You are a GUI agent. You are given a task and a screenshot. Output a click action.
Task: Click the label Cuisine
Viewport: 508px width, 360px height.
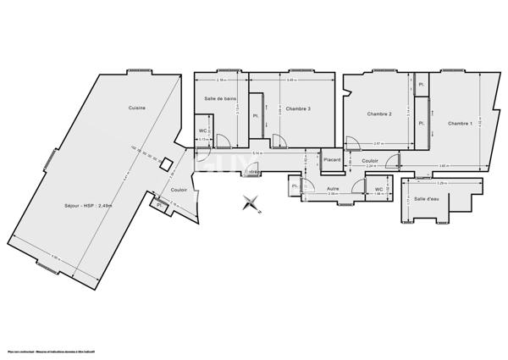click(136, 108)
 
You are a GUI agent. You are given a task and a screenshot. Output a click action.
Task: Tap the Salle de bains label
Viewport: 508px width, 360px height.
click(218, 99)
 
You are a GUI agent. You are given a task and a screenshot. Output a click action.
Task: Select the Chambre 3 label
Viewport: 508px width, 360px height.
click(297, 108)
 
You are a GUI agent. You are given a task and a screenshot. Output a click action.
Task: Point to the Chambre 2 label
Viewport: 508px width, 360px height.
click(378, 114)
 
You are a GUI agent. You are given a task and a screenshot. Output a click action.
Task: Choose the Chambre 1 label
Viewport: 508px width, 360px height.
click(460, 125)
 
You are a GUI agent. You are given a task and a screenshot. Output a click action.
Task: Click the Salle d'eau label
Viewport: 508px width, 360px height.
click(428, 199)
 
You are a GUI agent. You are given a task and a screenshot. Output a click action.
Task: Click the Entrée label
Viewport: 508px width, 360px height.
click(251, 172)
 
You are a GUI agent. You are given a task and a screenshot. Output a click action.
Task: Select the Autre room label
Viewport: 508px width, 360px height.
click(333, 188)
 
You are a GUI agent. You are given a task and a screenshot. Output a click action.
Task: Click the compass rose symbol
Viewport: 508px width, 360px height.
click(251, 202)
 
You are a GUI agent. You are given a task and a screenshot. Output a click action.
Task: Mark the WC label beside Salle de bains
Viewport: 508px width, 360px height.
click(203, 130)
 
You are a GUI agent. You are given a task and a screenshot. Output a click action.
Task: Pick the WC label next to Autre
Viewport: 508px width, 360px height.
click(379, 189)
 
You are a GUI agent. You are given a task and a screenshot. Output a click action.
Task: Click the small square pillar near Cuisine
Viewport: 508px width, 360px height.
click(167, 164)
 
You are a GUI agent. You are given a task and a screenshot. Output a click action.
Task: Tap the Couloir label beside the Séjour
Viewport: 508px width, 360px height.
click(179, 189)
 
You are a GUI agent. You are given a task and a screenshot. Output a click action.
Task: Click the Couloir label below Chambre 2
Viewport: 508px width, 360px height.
click(370, 159)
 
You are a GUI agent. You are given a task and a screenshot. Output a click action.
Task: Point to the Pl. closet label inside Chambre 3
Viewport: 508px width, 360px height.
click(255, 116)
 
